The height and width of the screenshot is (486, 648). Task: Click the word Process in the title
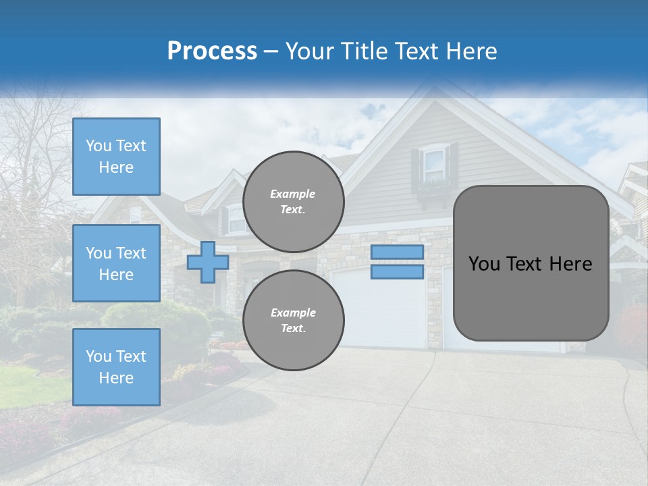[212, 51]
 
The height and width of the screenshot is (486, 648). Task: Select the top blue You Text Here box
[116, 157]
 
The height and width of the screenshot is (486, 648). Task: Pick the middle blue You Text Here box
[116, 263]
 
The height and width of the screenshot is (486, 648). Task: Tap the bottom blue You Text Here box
[116, 367]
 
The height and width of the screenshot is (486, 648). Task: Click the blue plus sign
[208, 262]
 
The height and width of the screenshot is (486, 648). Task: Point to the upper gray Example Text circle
[293, 202]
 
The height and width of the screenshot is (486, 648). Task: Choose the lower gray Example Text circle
[293, 321]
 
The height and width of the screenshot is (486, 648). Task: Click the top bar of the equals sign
[397, 252]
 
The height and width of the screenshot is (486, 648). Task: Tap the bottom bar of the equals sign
[397, 272]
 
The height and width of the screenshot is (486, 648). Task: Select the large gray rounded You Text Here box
[531, 263]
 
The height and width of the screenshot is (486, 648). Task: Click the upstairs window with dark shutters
[435, 165]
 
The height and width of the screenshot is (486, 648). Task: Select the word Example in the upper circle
[293, 194]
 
